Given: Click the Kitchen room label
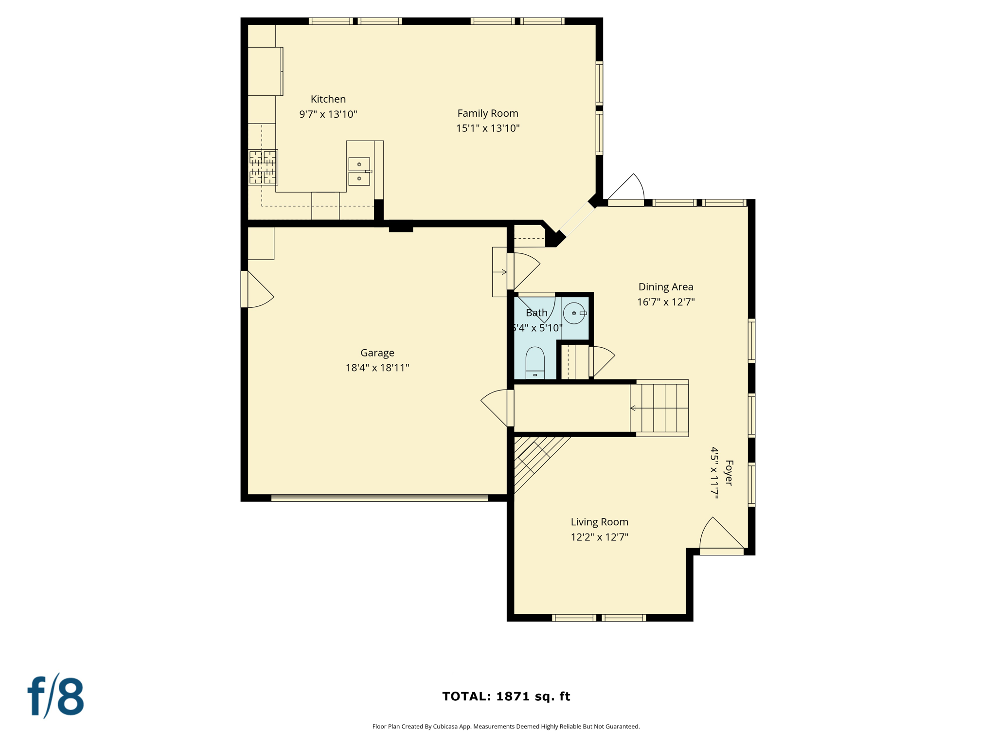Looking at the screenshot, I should point(328,99).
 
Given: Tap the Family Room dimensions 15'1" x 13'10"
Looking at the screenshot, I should point(488,128).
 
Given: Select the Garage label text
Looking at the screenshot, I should point(377,353).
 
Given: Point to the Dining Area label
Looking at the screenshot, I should point(665,287).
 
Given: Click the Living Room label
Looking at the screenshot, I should point(599,522).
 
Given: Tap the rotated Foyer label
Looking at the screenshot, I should point(728,473).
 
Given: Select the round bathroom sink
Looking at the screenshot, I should point(574,313).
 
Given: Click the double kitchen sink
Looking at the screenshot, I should point(359,171).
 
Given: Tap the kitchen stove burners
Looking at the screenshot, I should point(263,167).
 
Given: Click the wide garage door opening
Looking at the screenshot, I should point(379,498).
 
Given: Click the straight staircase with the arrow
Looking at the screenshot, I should point(659,408).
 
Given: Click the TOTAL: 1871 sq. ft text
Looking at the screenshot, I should point(506,696).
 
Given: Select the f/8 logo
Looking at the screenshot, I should point(56,696).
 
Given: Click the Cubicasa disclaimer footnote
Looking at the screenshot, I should point(506,727).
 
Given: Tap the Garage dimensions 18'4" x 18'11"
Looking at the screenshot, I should point(377,368).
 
